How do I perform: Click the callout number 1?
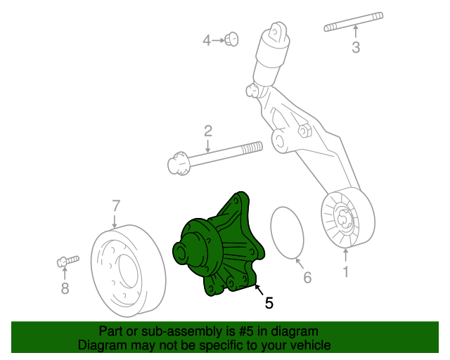(345, 271)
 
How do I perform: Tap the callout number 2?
(208, 130)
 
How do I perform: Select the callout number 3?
(356, 47)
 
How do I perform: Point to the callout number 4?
(207, 41)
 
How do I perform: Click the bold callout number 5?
(269, 303)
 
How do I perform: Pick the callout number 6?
(307, 278)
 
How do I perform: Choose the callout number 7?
(116, 206)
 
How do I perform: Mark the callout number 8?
(65, 288)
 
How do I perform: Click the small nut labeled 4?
(231, 39)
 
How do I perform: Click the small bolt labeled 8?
(65, 261)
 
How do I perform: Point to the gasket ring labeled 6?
(286, 232)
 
